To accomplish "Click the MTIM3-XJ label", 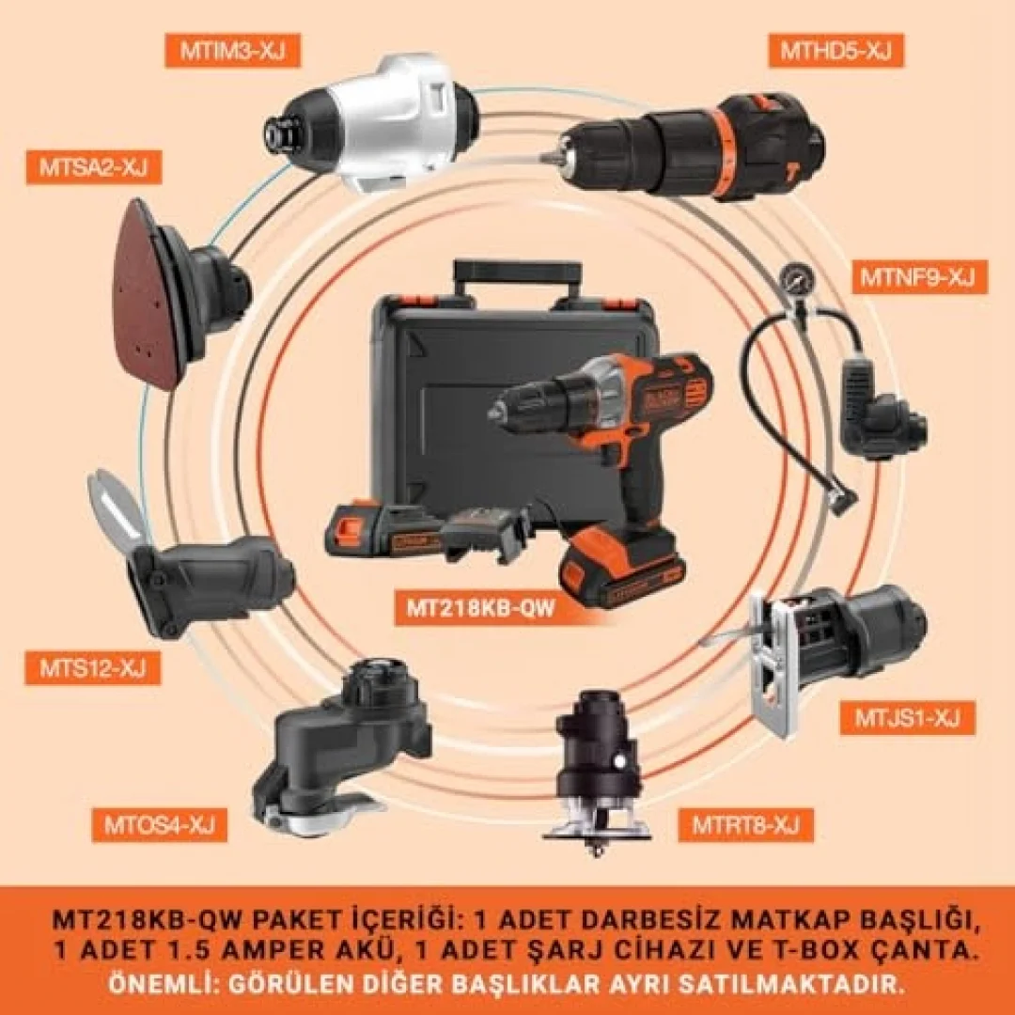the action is (x=232, y=51).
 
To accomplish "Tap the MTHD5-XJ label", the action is (x=835, y=51).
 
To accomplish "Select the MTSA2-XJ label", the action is (x=93, y=167).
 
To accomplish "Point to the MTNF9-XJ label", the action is (x=919, y=277).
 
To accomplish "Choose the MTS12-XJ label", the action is (x=92, y=668).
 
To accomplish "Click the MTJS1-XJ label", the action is (x=908, y=718).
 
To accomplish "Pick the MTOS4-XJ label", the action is (x=159, y=825).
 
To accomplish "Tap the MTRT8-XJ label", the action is (x=745, y=825).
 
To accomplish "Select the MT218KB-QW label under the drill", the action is (x=480, y=608).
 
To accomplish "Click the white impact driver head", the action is (x=371, y=123).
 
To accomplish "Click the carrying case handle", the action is (x=517, y=278).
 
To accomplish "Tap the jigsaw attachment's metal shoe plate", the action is (x=771, y=666).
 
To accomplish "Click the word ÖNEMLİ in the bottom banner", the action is (x=153, y=985).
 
